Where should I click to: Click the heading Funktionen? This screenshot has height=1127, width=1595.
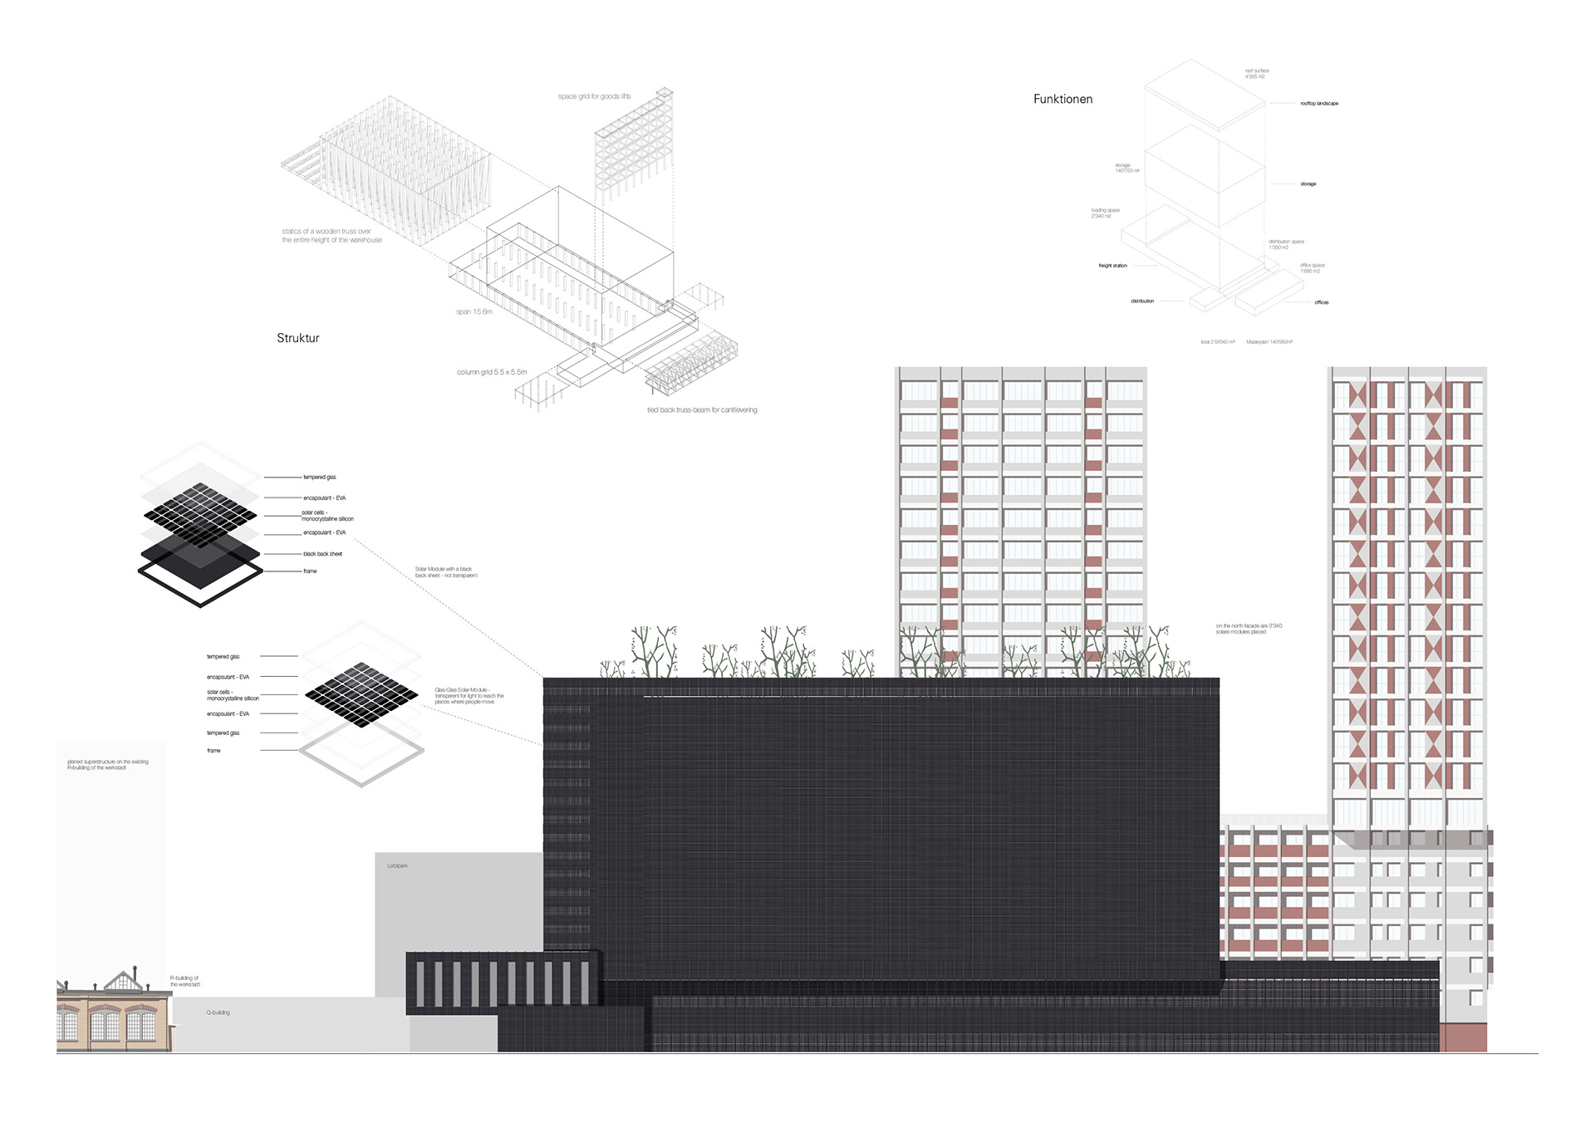pos(1063,99)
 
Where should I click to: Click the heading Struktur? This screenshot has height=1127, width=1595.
pos(297,338)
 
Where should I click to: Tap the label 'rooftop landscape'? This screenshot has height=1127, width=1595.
pos(1319,104)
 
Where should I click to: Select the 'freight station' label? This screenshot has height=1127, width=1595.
pos(1112,266)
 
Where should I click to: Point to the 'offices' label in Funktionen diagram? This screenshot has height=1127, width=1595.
pos(1322,302)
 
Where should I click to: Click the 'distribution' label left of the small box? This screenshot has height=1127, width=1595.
pos(1141,301)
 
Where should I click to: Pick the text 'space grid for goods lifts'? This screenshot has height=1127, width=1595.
pos(594,96)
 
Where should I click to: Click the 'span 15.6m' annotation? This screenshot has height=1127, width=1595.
pos(474,311)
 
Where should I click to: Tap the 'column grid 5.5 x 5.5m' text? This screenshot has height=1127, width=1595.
pos(492,372)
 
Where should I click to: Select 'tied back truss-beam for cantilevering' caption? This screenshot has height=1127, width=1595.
pos(702,409)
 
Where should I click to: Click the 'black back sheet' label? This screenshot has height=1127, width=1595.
pos(322,554)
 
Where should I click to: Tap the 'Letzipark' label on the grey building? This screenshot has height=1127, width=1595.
pos(397,866)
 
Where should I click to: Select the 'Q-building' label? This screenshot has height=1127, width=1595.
pos(218,1012)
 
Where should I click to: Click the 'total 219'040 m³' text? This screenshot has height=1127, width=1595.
pos(1217,342)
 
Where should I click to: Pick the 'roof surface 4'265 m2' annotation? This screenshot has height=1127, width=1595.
pos(1256,74)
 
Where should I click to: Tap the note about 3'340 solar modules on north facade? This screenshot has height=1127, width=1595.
pos(1248,629)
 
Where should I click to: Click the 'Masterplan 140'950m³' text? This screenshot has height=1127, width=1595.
pos(1269,342)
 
